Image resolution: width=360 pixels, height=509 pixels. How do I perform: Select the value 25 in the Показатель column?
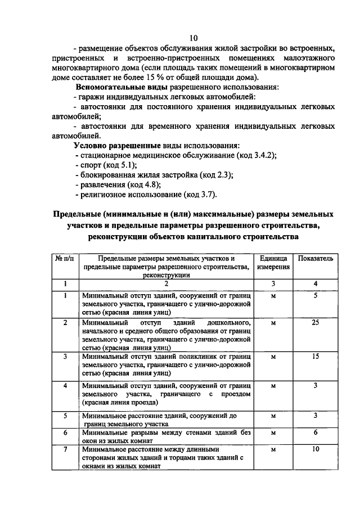coord(316,322)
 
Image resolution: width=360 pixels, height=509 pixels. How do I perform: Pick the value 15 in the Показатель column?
coord(316,356)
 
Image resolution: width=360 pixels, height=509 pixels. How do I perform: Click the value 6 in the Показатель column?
coord(316,432)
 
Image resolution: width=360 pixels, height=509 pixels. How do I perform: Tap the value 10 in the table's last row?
coord(316,450)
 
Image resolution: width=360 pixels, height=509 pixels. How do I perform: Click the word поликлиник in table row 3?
coord(199,356)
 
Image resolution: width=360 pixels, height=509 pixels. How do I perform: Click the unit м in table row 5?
coord(273,416)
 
